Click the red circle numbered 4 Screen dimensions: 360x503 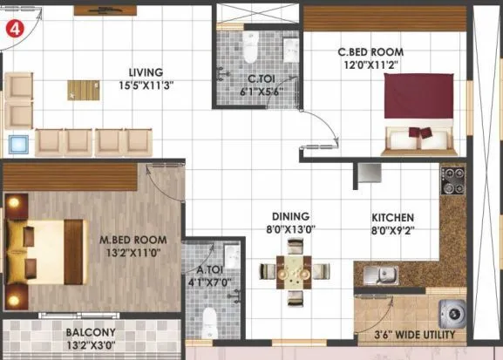(x=14, y=27)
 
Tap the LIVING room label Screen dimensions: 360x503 (x=146, y=72)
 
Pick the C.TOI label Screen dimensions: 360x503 (x=262, y=78)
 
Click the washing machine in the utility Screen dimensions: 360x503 (x=454, y=311)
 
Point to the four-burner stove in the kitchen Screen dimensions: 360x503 (x=454, y=182)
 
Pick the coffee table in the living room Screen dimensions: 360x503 (x=85, y=89)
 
